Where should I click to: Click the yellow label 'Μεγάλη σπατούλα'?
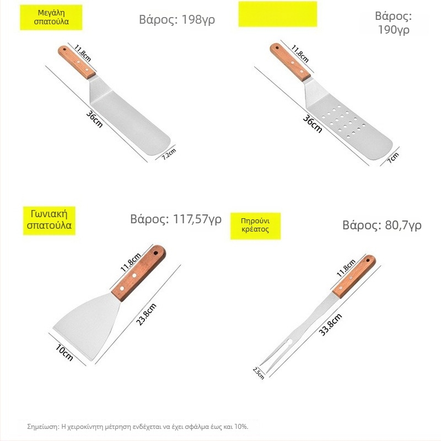(51, 17)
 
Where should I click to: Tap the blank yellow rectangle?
(278, 14)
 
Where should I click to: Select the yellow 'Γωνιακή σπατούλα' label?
(49, 220)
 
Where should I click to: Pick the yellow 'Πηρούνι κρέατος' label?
(255, 226)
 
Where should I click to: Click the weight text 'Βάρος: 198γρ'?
(177, 20)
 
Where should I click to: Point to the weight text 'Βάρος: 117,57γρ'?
(176, 219)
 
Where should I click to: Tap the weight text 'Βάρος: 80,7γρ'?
(381, 225)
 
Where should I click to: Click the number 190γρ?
(393, 30)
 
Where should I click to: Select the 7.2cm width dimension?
(169, 154)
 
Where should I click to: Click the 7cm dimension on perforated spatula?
(393, 158)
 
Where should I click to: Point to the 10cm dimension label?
(64, 353)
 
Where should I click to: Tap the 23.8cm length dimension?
(146, 314)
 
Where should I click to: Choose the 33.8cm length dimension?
(330, 325)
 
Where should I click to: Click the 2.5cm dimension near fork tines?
(259, 373)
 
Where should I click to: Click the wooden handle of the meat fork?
(354, 277)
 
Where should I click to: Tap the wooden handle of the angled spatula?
(138, 273)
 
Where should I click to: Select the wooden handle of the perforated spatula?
(291, 62)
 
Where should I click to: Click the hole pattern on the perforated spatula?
(343, 121)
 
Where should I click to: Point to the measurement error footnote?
(137, 427)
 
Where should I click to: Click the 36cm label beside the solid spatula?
(94, 119)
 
